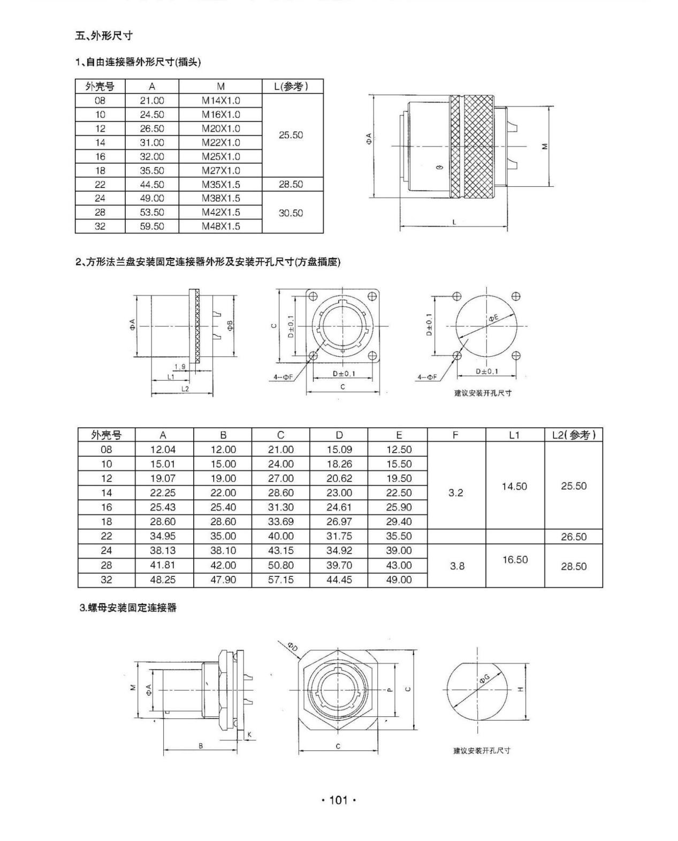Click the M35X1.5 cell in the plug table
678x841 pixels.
[220, 184]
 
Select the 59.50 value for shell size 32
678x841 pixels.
[152, 226]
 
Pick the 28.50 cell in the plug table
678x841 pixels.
[291, 184]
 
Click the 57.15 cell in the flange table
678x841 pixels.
[280, 580]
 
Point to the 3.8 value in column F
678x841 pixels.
[456, 566]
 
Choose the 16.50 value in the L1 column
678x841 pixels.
[515, 559]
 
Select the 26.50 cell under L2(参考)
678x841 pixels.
[574, 536]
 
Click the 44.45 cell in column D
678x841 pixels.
[339, 580]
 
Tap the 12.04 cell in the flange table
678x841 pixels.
[163, 450]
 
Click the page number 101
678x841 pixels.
[338, 800]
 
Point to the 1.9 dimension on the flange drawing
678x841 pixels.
[180, 367]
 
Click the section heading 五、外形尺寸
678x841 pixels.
[104, 36]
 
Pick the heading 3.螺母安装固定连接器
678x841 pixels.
[128, 608]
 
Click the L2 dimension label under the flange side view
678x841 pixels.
[185, 389]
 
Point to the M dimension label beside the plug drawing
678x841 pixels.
[544, 146]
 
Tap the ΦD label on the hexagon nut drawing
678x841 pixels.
[293, 647]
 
